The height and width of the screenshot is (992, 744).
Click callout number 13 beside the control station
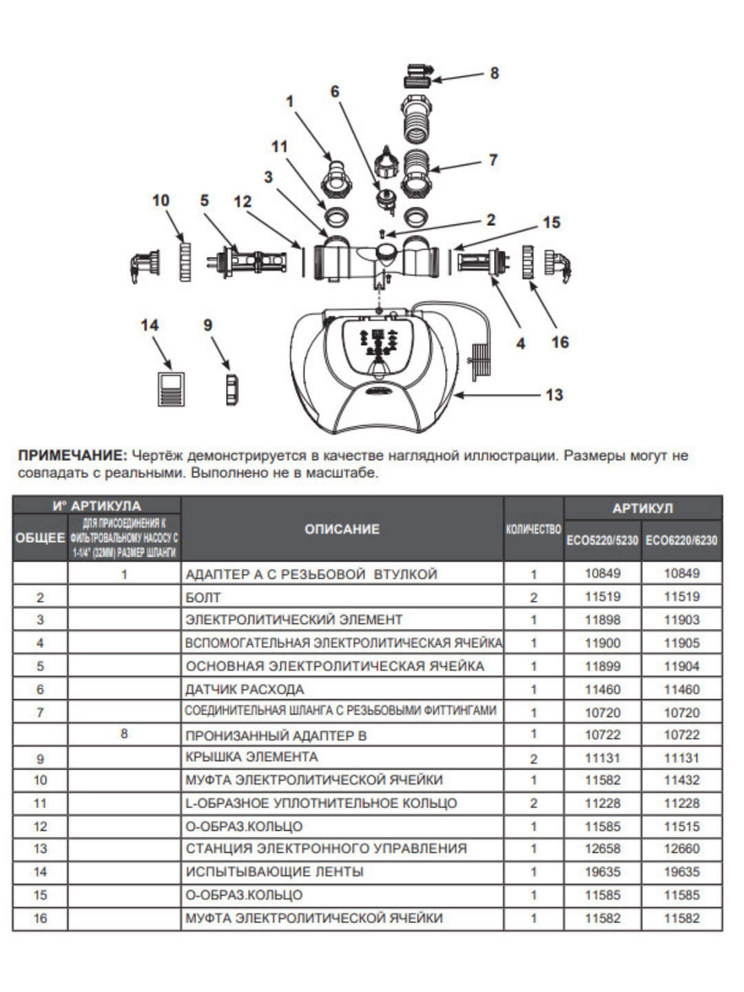pos(554,395)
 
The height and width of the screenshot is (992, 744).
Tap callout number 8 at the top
pos(494,73)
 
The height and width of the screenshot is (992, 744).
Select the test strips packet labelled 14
pos(172,389)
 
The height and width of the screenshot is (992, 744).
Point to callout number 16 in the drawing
pos(560,342)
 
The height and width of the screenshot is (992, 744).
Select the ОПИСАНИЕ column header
pos(342,529)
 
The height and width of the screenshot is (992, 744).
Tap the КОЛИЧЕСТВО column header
pos(533,529)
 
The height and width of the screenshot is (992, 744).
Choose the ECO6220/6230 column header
pos(681,541)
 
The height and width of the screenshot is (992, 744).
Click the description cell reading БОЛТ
pos(203,598)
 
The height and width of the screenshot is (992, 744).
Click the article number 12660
pos(681,849)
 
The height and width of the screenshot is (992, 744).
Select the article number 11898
pos(603,620)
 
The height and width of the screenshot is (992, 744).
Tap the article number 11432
pos(681,781)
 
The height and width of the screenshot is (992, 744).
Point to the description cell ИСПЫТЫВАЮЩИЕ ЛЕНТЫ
pos(274,872)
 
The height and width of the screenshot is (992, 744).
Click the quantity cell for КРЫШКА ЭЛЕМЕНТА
pos(533,758)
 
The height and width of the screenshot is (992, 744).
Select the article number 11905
pos(681,643)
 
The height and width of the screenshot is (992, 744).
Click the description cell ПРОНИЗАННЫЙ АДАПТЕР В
pos(276,736)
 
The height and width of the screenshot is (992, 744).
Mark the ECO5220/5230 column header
pos(602,541)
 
